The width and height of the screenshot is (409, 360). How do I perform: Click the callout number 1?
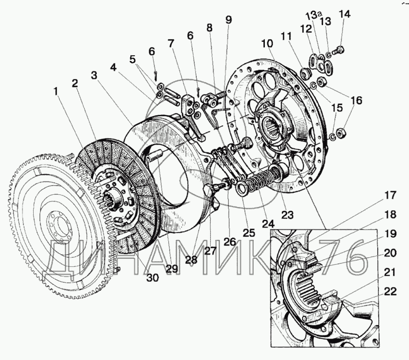click(x=56, y=92)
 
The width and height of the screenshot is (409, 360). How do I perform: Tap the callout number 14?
click(x=344, y=14)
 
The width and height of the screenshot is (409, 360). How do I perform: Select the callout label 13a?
click(x=313, y=15)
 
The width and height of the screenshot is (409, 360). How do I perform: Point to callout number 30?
click(x=152, y=278)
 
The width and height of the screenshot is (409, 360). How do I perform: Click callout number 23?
click(x=287, y=215)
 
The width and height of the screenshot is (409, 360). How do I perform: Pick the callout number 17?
click(x=390, y=195)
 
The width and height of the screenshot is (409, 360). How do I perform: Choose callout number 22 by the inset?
click(x=390, y=291)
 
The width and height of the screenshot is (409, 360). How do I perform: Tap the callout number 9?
click(x=229, y=20)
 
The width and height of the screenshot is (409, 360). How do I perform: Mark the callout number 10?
click(x=267, y=43)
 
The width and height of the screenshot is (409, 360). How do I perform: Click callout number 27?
click(x=210, y=251)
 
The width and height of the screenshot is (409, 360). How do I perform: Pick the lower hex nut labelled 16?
click(x=340, y=133)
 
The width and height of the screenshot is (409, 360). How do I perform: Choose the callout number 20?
click(x=390, y=253)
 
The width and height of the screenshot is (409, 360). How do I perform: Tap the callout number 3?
click(x=94, y=75)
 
